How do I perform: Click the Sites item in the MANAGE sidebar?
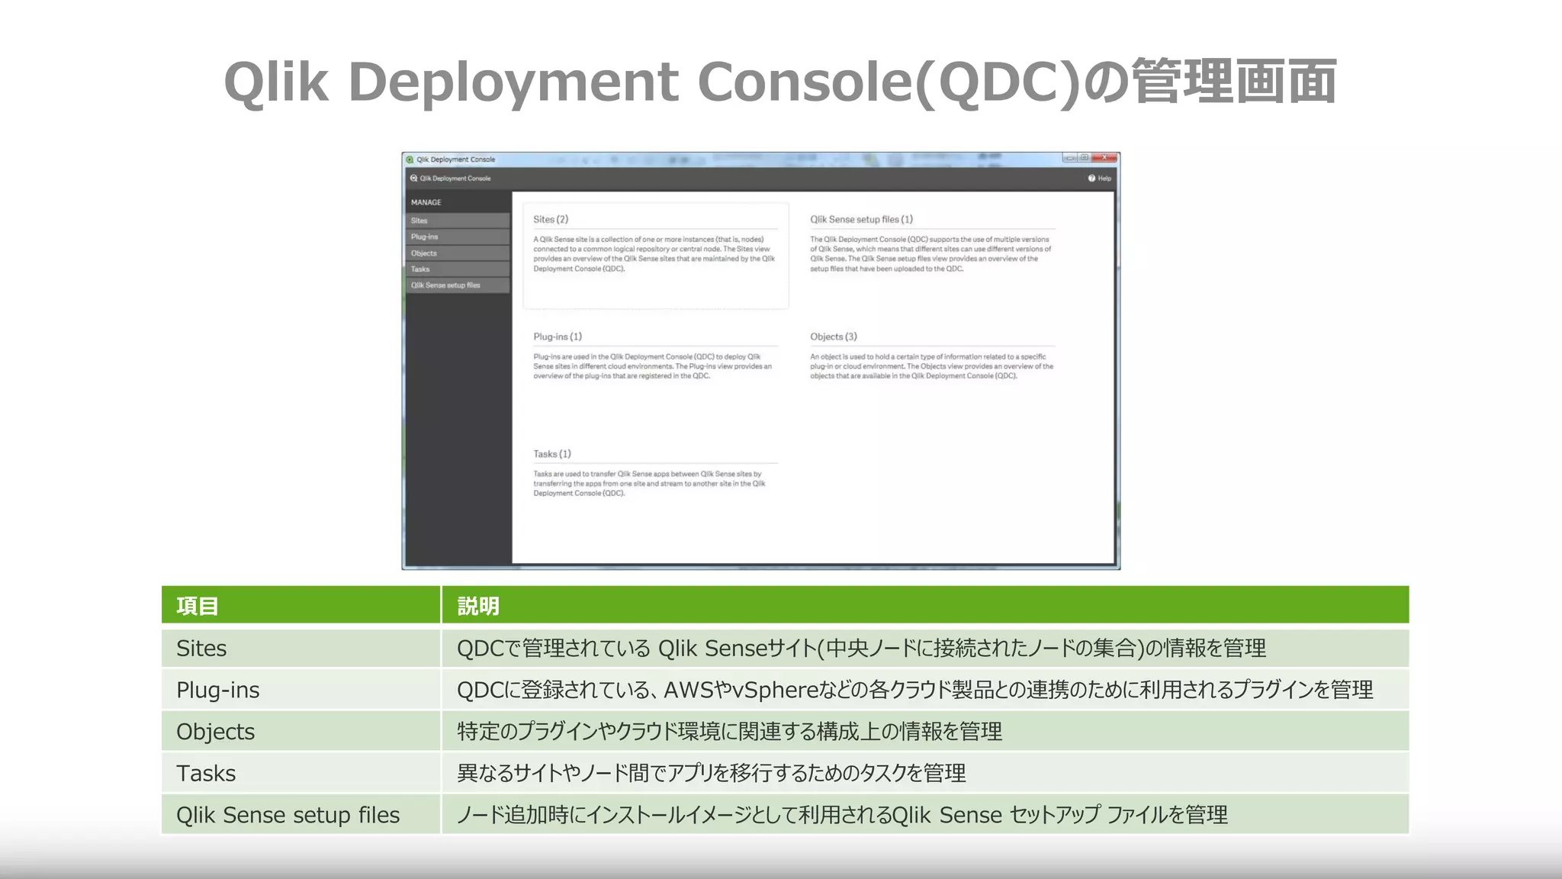pos(419,221)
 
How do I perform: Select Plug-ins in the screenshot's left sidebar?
pos(425,237)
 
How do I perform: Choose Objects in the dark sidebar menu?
pos(424,253)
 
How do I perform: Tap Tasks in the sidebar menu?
pos(420,269)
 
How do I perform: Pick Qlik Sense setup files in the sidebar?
pos(445,285)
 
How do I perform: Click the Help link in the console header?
pos(1100,179)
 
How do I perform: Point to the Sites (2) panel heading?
pos(551,220)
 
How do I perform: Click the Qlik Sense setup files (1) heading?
pos(861,220)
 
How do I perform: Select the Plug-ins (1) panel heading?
pos(558,336)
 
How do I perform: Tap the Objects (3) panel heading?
pos(834,336)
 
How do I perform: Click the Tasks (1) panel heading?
pos(552,454)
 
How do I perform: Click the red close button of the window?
pos(1104,158)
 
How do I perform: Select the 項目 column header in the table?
pos(198,606)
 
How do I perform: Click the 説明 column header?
pos(478,606)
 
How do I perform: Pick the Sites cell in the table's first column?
pos(201,649)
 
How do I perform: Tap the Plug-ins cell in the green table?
pos(218,690)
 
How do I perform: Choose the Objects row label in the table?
pos(216,732)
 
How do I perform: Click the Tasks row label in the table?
pos(206,774)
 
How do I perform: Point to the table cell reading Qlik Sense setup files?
pos(288,815)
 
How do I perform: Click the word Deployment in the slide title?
pos(513,82)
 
